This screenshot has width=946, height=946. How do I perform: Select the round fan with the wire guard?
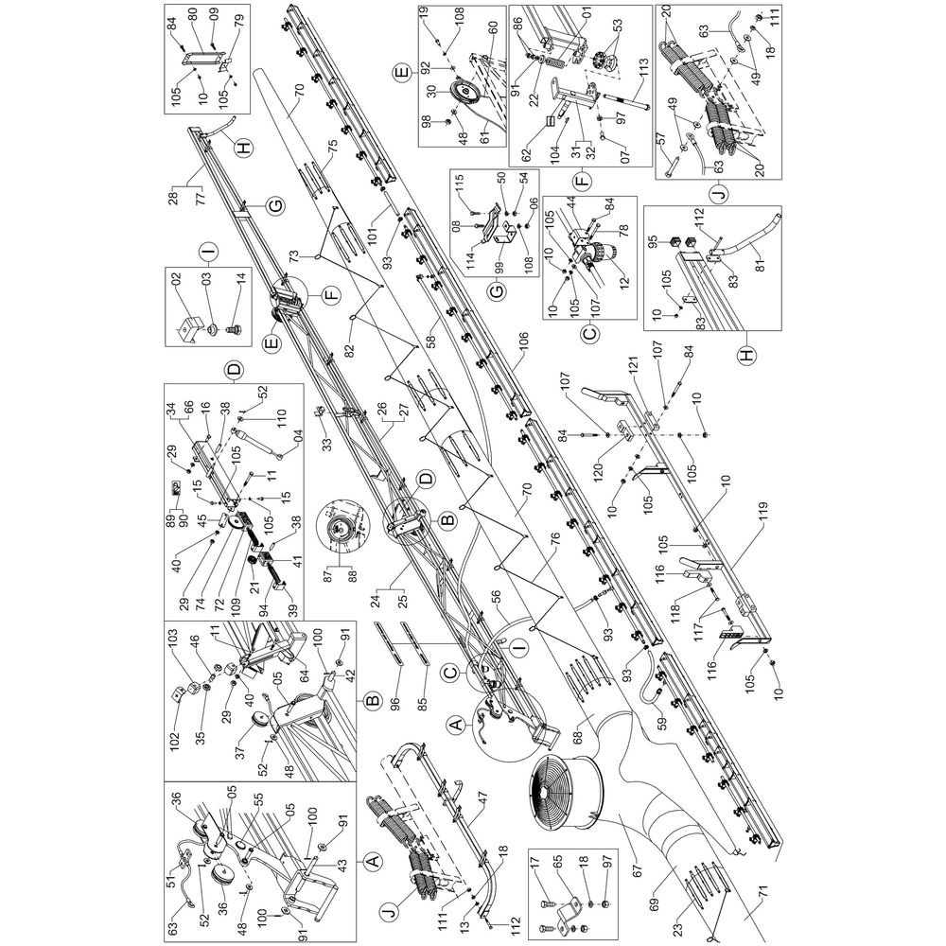[x=567, y=790]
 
